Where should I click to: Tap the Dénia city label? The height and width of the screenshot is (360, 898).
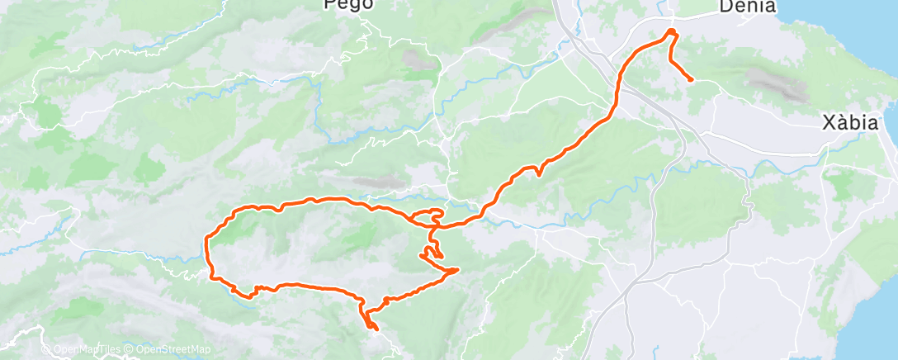[x=747, y=7]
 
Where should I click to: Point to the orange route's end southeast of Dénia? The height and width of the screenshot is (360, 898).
[x=690, y=80]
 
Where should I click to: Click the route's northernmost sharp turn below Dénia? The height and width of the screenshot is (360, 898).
[x=671, y=31]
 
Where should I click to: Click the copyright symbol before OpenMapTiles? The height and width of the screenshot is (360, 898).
[x=45, y=350]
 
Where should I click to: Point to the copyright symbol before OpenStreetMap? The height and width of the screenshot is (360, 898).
[x=128, y=350]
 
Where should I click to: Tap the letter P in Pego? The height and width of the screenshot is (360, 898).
[x=330, y=4]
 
